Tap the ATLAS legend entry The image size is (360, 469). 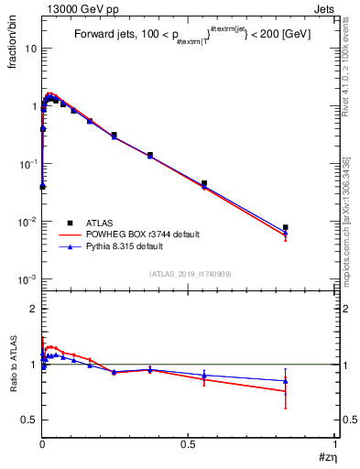[102, 223]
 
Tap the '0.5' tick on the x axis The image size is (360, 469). [188, 445]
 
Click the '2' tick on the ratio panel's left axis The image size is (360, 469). [34, 310]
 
